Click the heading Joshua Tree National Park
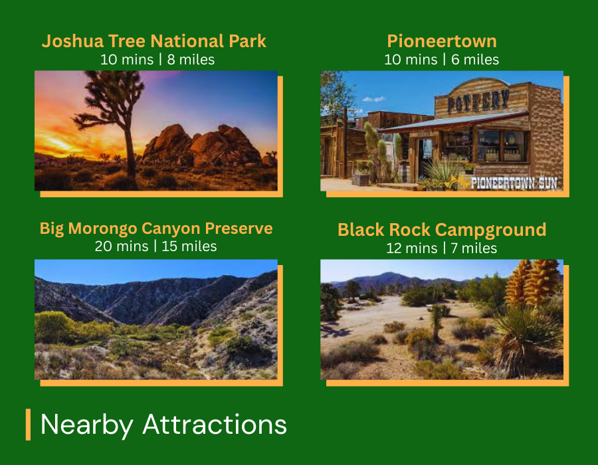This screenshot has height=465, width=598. [x=153, y=41]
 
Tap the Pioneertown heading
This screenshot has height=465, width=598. [x=442, y=41]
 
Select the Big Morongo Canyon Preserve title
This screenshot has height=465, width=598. [x=156, y=229]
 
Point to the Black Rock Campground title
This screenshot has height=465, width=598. [x=442, y=230]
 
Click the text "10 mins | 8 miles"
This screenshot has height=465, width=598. [x=157, y=60]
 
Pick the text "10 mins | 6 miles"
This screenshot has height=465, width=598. [x=442, y=60]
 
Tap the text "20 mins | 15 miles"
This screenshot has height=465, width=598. [x=155, y=246]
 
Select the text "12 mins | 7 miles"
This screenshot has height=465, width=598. [x=442, y=248]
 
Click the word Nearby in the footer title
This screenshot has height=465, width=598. [x=87, y=425]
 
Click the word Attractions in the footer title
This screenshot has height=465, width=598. [x=215, y=424]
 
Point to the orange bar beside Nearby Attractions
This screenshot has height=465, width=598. [x=28, y=424]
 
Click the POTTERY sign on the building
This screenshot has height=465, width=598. [x=478, y=101]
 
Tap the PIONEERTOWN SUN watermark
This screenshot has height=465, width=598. [x=514, y=183]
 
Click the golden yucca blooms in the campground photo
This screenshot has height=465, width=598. [x=532, y=282]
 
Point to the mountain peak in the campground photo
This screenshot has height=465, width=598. [x=388, y=274]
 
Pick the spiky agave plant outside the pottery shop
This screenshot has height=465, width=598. [x=443, y=171]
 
